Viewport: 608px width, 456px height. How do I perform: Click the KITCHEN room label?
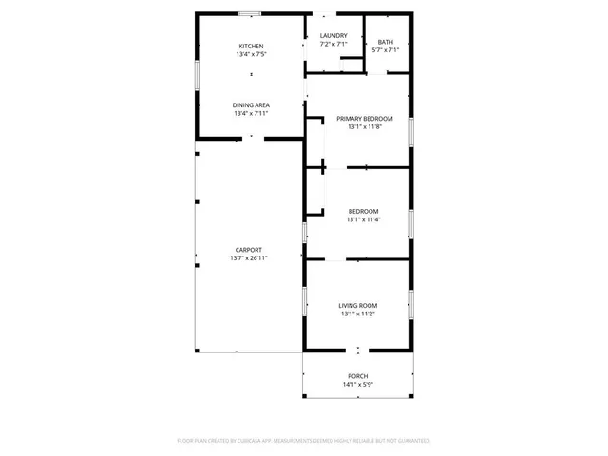coord(251,47)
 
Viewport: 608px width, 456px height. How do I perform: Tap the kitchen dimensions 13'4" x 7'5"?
coord(251,55)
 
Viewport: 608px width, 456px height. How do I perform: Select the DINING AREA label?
coord(251,104)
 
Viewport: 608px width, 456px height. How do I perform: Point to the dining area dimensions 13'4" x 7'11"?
coord(251,113)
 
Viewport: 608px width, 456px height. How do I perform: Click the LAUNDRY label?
coord(333,35)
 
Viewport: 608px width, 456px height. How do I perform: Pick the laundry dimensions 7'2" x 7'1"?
coord(333,44)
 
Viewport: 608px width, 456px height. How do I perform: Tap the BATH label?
coord(385,42)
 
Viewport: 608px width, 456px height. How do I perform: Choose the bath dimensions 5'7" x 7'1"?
coord(385,50)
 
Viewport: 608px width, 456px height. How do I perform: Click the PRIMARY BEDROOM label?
coord(364,119)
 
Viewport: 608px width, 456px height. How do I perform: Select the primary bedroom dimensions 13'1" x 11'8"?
coord(364,127)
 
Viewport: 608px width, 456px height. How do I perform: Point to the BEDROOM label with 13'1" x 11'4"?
coord(363,211)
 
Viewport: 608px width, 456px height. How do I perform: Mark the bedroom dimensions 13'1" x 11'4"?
coord(363,219)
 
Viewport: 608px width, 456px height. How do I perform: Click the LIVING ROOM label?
coord(358,305)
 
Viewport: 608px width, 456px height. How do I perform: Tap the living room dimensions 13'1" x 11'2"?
coord(358,313)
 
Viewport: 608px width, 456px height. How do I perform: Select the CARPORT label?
coord(249,250)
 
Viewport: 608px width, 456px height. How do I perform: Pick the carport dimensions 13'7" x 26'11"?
coord(249,258)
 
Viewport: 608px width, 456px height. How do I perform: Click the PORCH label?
coord(357,376)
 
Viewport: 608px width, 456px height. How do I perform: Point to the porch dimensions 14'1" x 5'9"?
coord(357,385)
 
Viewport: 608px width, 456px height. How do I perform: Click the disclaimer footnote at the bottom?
coord(304,441)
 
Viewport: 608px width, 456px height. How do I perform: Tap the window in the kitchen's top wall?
coord(251,13)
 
